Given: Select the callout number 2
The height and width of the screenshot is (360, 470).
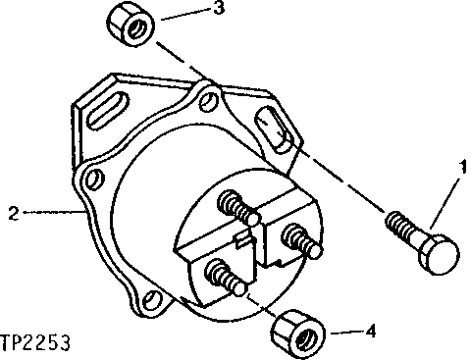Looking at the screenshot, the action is click(x=14, y=210).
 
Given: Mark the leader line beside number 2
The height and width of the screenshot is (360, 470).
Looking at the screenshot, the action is click(x=49, y=210).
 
